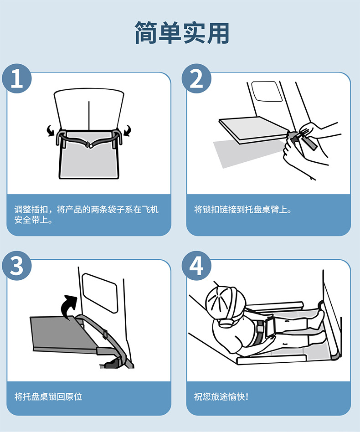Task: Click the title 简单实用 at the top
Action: click(x=182, y=33)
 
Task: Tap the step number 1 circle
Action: click(x=17, y=78)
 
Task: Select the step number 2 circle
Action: click(x=196, y=78)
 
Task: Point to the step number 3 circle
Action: click(x=17, y=266)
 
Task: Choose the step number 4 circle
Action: click(x=196, y=266)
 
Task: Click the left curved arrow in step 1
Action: click(x=51, y=130)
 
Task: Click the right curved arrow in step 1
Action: click(x=127, y=130)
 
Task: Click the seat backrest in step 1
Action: click(x=89, y=109)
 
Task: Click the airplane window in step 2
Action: click(x=267, y=91)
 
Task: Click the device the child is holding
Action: click(x=271, y=326)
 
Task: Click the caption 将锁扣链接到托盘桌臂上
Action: click(x=243, y=210)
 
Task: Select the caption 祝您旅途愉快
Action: click(x=221, y=397)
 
